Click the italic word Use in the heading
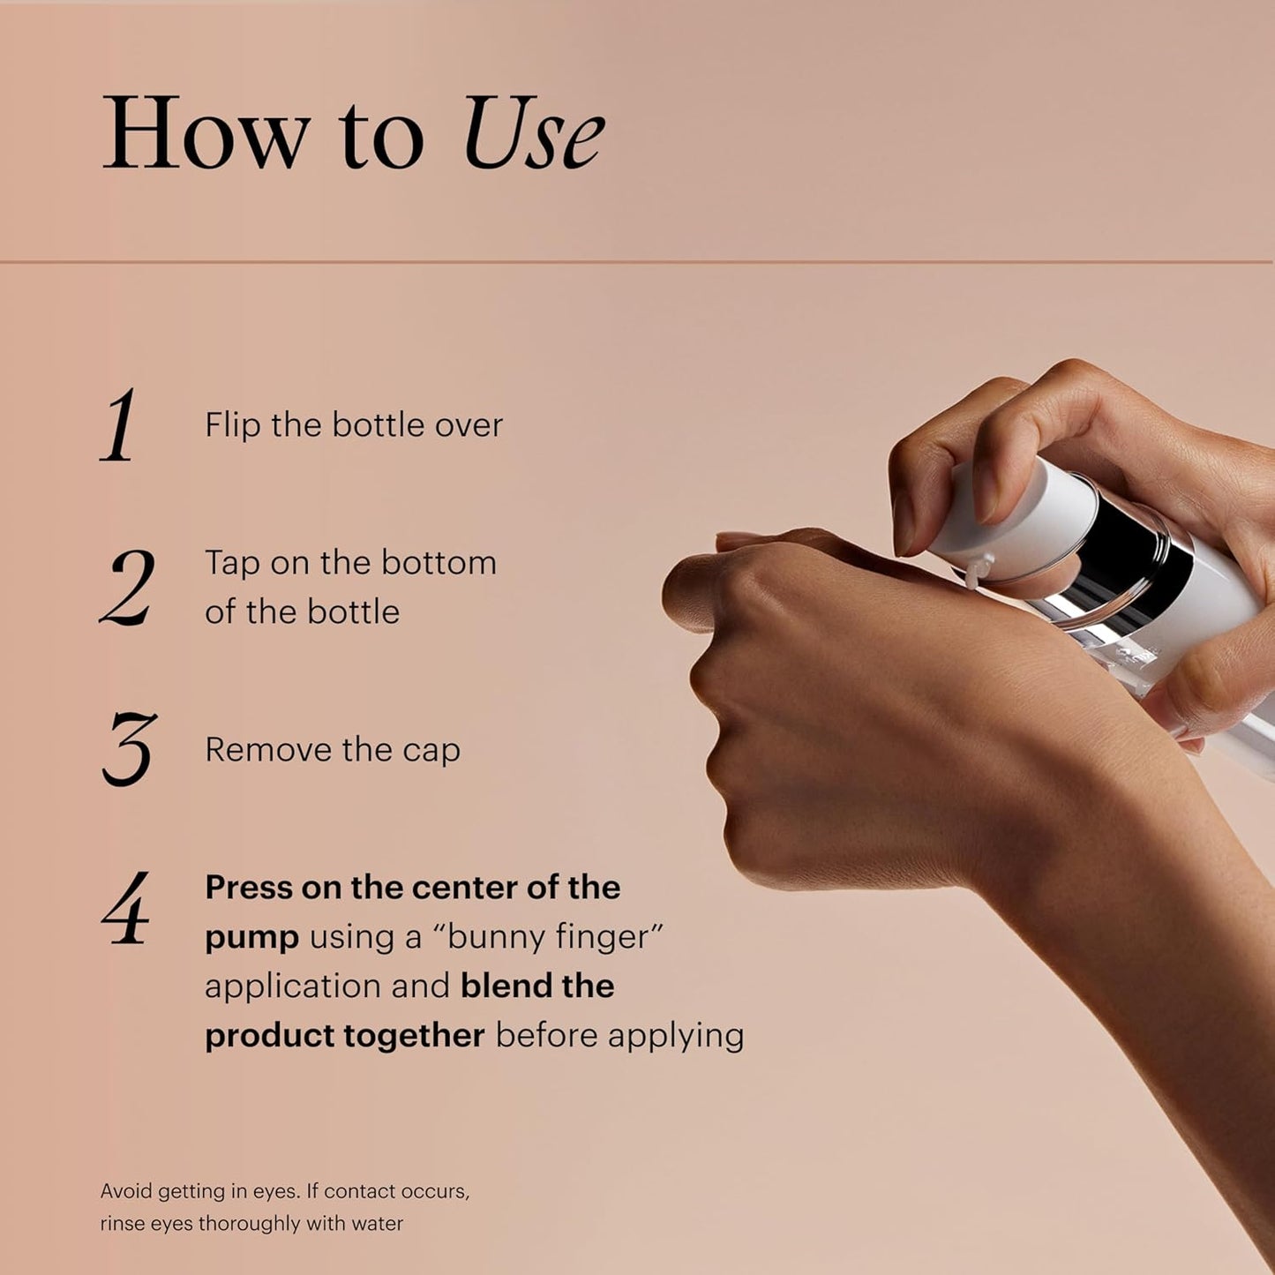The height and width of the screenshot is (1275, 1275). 533,134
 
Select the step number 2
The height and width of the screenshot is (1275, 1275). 127,588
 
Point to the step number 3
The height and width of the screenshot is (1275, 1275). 129,749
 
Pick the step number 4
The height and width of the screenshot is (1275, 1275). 125,909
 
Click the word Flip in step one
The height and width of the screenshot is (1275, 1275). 233,425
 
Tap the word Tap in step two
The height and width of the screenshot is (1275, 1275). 232,564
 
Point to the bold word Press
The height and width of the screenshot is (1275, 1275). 248,888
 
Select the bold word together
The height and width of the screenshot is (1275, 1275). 414,1036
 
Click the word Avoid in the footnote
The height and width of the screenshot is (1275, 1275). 125,1191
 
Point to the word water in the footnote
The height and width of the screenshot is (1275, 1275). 378,1224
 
